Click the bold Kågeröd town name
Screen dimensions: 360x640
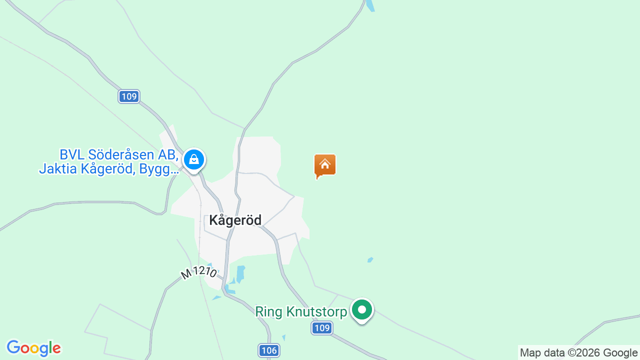(235, 220)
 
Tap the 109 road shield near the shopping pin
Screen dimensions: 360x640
(129, 96)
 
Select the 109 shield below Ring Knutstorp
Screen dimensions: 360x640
(322, 328)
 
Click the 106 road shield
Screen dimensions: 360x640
(269, 350)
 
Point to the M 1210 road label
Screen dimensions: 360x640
(198, 272)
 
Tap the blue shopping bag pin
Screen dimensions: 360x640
(193, 160)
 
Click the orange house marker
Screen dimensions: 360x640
(325, 164)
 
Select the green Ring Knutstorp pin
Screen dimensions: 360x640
(361, 310)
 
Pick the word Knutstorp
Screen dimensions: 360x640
(317, 312)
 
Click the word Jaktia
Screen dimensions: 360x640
(58, 169)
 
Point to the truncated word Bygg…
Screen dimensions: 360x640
(159, 169)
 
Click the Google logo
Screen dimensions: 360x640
(33, 348)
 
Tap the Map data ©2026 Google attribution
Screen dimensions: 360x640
(578, 352)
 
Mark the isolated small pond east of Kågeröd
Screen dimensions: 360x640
(370, 259)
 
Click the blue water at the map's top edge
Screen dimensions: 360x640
(370, 5)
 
